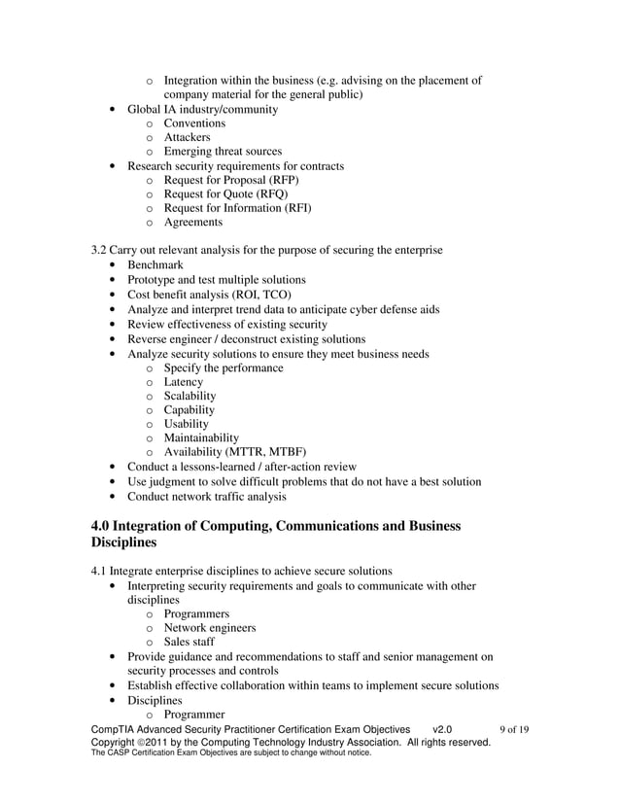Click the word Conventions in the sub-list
[194, 123]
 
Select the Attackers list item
[189, 137]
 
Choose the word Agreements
[192, 222]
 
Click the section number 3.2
[98, 250]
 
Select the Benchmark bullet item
[155, 264]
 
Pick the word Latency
[184, 382]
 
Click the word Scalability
[189, 396]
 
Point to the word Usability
[186, 424]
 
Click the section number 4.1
[98, 570]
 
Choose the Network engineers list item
[210, 628]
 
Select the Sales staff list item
[189, 642]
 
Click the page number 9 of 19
[513, 729]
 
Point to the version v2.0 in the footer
[442, 729]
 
